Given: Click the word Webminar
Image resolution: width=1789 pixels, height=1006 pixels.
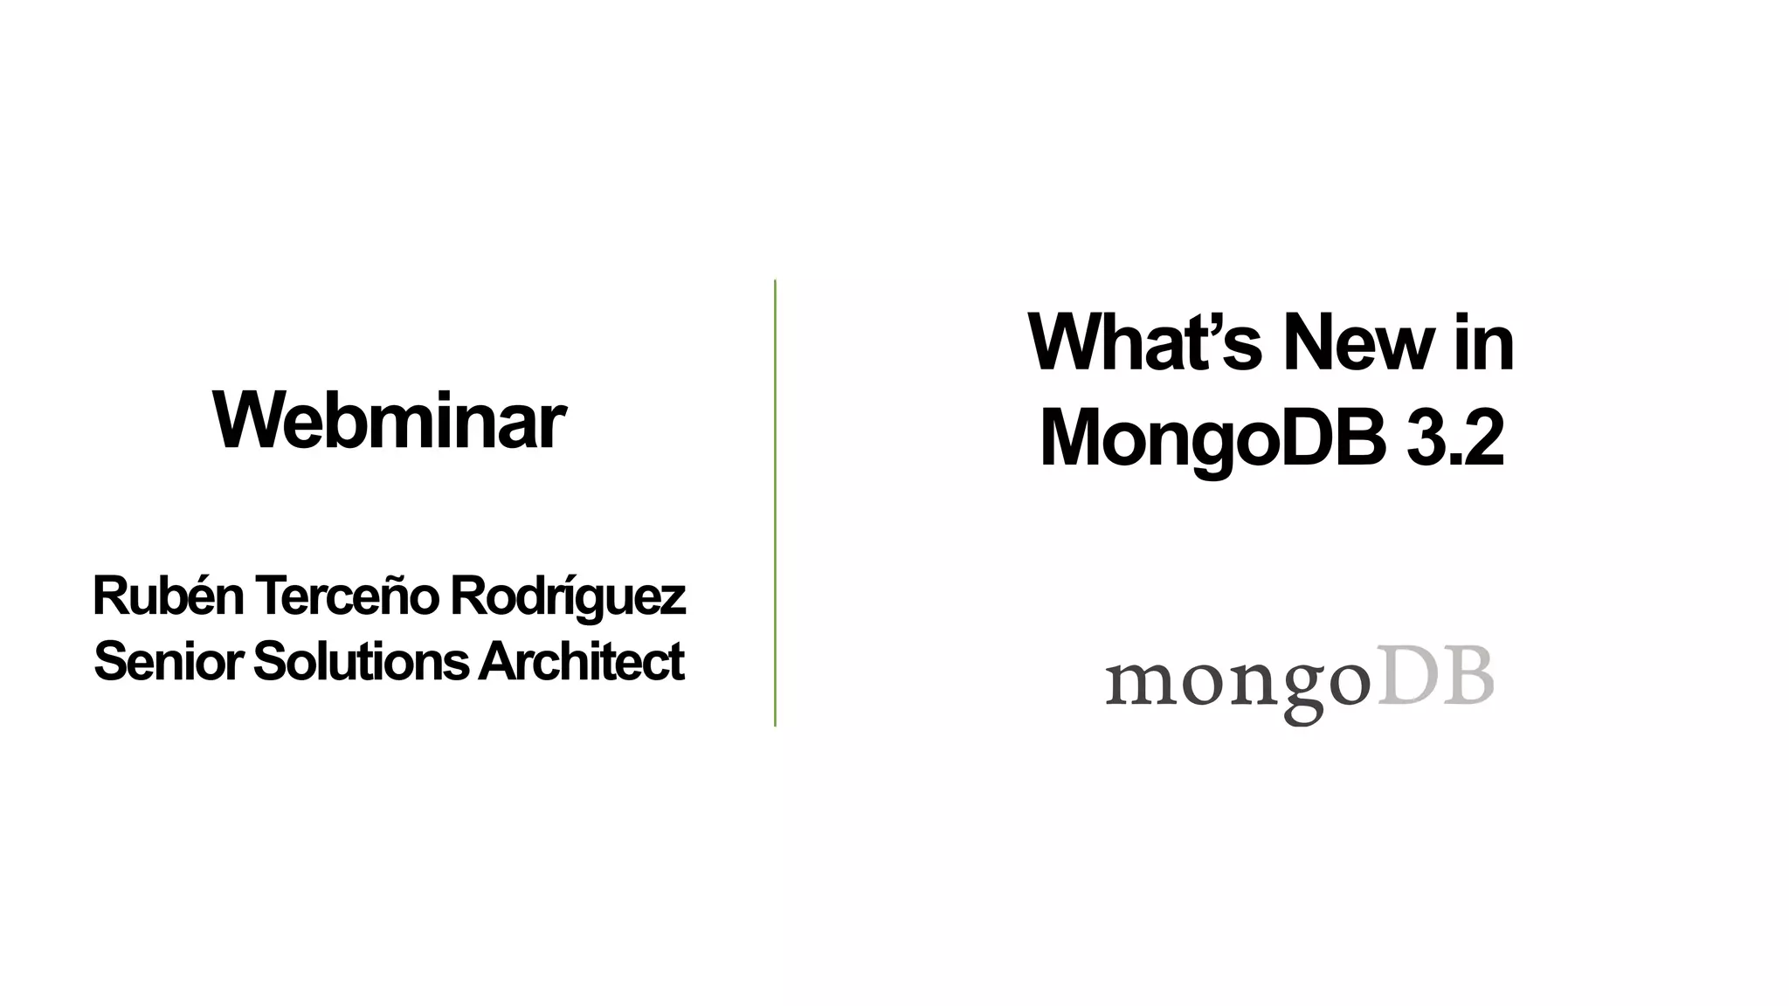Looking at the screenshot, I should click(389, 422).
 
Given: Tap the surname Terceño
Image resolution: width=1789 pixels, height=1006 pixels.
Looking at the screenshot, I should click(347, 596).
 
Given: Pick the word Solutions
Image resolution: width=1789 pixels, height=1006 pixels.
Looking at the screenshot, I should click(361, 662).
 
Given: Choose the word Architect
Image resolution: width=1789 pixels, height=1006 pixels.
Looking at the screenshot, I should click(581, 662).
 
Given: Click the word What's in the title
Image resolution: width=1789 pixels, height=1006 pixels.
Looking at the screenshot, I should click(1144, 342).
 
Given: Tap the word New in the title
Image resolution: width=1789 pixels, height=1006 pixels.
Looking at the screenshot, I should click(1357, 342).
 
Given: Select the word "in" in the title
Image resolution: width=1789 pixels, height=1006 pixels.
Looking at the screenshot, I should click(1484, 342).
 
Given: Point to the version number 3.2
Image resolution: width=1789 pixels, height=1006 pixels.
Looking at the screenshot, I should click(1455, 438).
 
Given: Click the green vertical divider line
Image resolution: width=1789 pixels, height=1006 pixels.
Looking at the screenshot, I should click(775, 503).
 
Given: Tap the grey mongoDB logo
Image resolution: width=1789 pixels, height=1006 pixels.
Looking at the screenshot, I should click(1300, 684).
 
